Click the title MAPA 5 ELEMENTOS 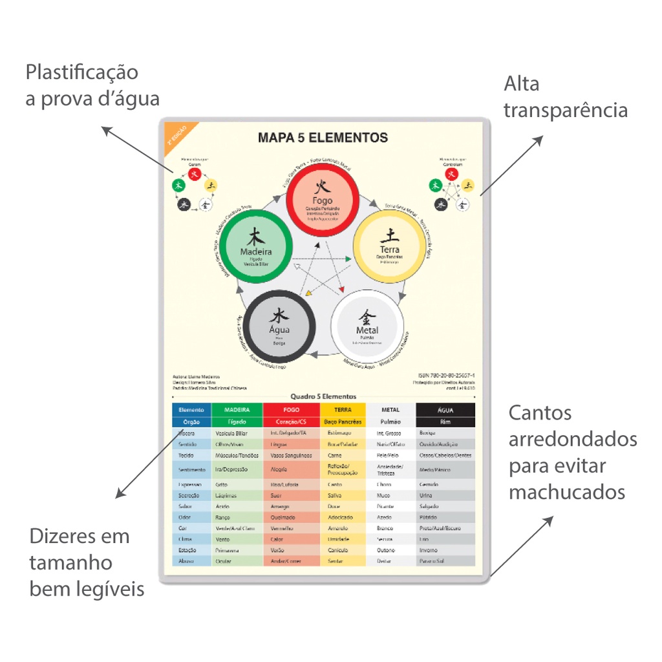323,138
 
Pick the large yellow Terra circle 389,248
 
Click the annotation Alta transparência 565,97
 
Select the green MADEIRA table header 237,410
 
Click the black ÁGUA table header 445,410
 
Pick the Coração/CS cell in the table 291,422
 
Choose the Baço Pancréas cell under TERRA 343,422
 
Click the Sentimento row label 191,469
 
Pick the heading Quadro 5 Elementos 323,397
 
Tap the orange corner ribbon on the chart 175,134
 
